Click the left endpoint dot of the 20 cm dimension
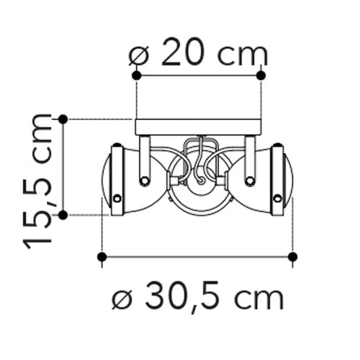(137, 75)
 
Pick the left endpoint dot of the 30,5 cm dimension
(102, 257)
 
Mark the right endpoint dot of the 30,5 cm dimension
(293, 257)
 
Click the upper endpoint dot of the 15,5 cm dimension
(63, 119)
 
